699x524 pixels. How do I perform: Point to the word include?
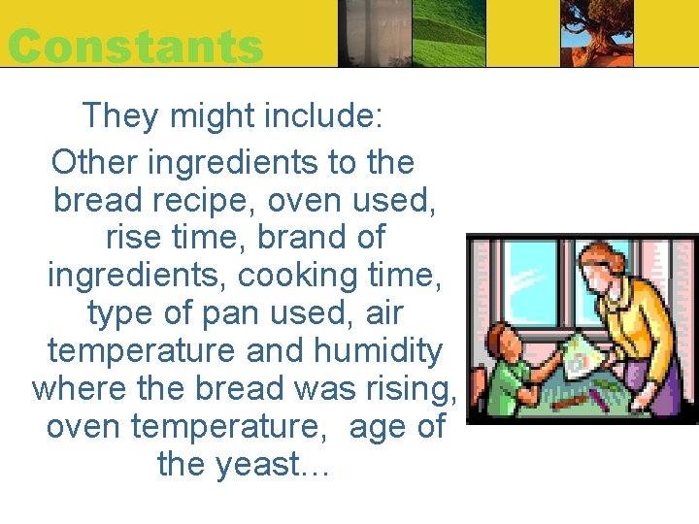tap(325, 115)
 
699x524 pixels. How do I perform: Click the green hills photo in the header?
tap(448, 34)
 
